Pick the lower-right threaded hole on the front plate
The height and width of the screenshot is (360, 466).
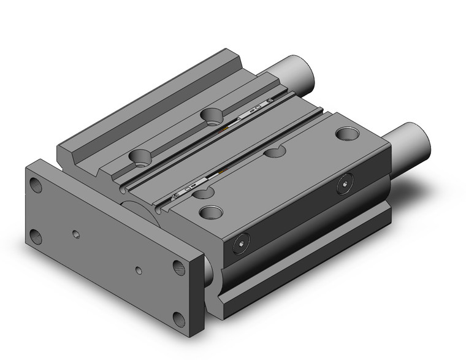[x=178, y=318]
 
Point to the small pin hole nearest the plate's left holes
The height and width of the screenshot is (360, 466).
[x=75, y=234]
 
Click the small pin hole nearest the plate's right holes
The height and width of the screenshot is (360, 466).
[x=140, y=269]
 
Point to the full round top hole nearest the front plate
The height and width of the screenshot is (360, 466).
[x=212, y=213]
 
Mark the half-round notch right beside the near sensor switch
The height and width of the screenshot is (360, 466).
[x=203, y=193]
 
